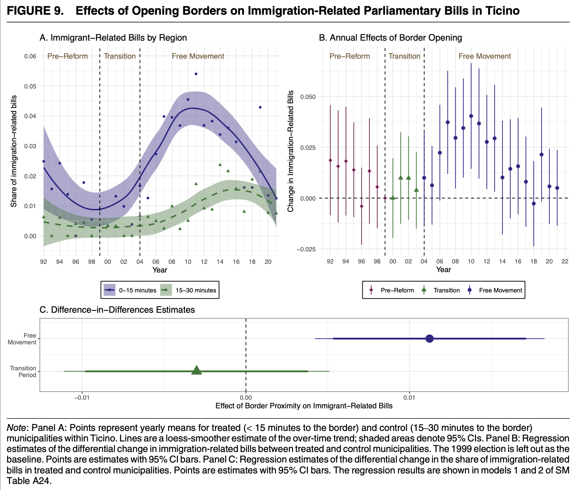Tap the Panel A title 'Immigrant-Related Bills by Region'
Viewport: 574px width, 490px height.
coord(113,38)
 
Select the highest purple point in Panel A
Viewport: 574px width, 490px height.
coord(196,74)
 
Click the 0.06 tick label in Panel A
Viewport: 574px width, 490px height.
coord(30,56)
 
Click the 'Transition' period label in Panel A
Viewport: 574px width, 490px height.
coord(120,56)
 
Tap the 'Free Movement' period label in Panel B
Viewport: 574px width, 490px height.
coord(484,56)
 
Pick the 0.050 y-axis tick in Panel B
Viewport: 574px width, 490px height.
coord(307,97)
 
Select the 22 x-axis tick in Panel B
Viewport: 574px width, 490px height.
coord(565,261)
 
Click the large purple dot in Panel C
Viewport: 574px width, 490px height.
coord(429,339)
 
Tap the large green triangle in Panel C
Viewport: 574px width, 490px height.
coord(197,371)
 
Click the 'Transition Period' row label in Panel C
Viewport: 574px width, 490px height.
coord(23,371)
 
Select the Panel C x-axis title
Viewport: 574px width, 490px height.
coord(304,406)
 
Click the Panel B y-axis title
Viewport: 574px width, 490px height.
coord(290,151)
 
